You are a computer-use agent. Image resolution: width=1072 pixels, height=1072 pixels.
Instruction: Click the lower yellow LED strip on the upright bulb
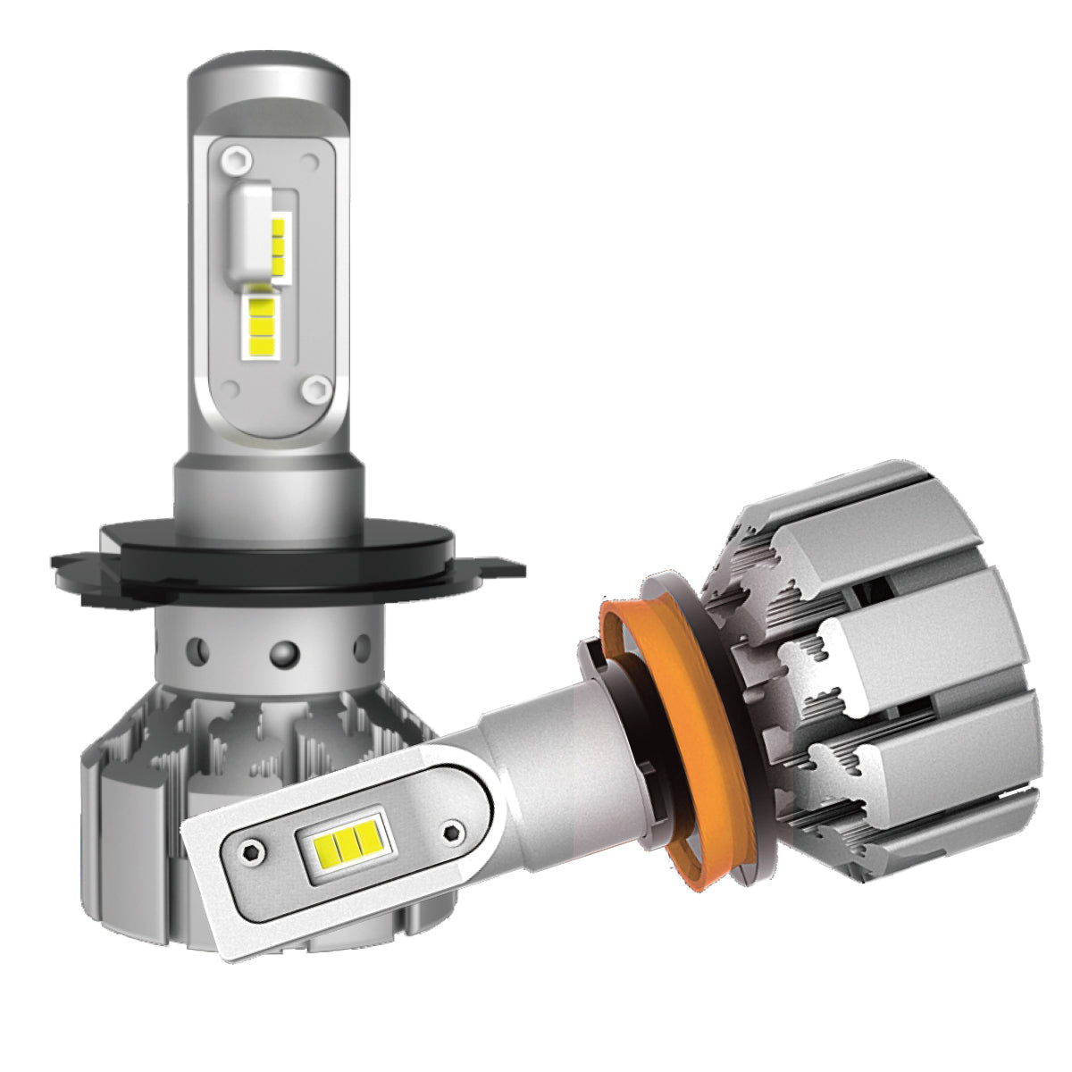[259, 321]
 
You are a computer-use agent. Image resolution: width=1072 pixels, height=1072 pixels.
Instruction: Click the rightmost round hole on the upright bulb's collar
[361, 645]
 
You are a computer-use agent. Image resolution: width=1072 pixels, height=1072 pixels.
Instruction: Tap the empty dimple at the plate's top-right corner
[310, 162]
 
